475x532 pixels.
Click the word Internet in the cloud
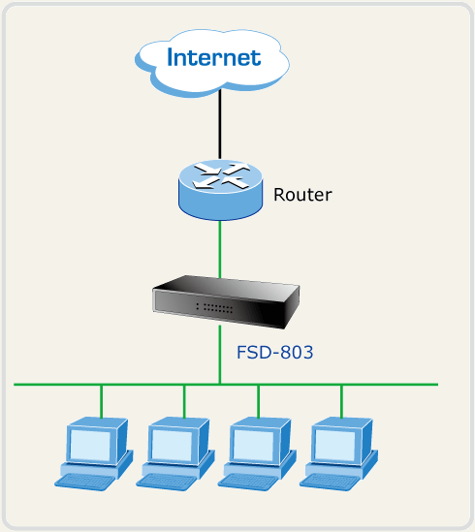coord(214,57)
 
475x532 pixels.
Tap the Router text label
coord(302,195)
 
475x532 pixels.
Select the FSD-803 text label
coord(274,352)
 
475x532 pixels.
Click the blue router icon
coord(220,190)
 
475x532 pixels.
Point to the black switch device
coord(226,302)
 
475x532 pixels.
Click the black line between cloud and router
coord(220,124)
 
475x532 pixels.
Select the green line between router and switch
coord(220,249)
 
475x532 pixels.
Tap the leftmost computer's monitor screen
coord(90,445)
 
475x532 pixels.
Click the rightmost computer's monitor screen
coord(334,445)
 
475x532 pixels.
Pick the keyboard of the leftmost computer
coord(85,482)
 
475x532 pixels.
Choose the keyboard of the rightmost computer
coord(330,482)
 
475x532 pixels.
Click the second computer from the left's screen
coord(172,445)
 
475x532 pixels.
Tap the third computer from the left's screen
coord(253,445)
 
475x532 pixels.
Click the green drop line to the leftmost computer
coord(101,402)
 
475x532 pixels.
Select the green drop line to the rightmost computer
coord(341,402)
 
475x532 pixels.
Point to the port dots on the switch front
coord(214,308)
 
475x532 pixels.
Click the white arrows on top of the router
coord(221,175)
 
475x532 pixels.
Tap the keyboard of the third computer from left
coord(248,482)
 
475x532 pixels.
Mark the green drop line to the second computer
coord(184,402)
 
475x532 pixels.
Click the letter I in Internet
coord(170,57)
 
